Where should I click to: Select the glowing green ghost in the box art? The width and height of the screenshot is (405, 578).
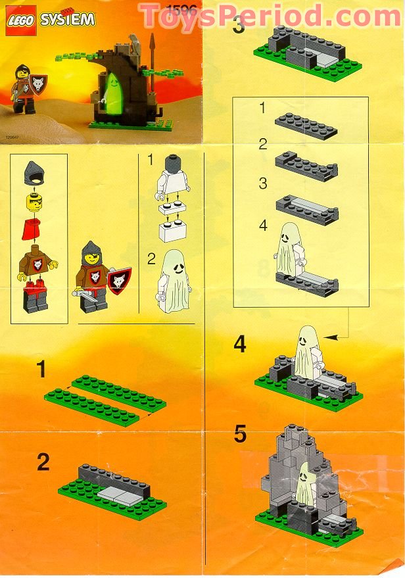(x=113, y=89)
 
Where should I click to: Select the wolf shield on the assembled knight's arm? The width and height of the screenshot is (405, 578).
(x=119, y=280)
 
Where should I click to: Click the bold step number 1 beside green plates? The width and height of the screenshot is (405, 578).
(x=42, y=370)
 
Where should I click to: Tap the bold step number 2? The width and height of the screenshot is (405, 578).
(x=43, y=462)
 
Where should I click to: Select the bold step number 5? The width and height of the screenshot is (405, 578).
(x=241, y=435)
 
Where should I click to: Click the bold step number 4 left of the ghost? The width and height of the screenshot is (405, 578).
(x=241, y=345)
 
